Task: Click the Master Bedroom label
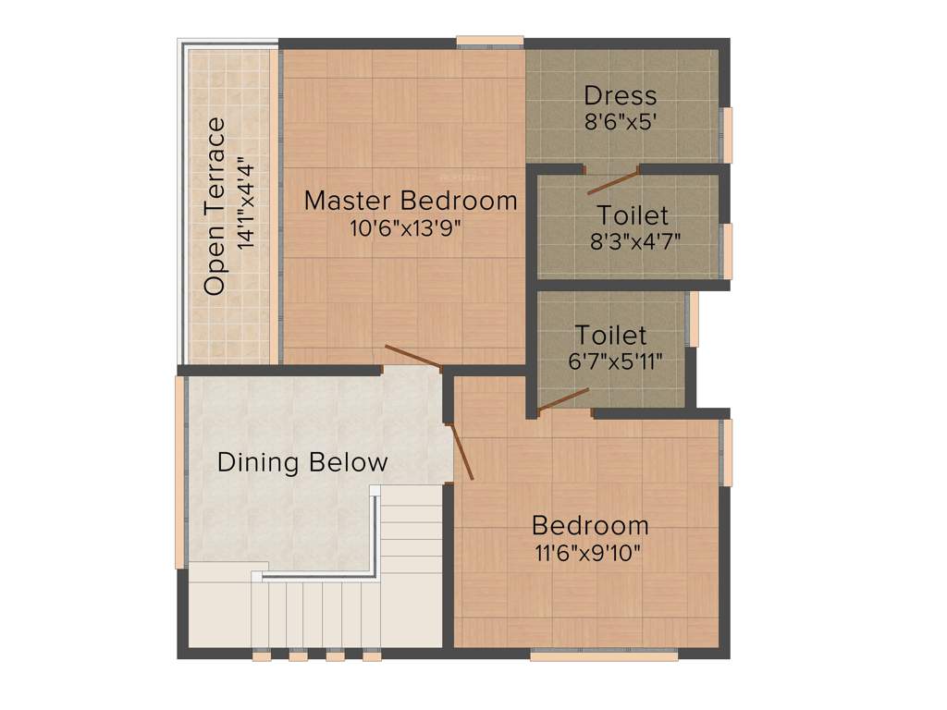coord(411,200)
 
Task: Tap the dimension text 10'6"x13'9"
coord(410,227)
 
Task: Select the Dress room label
coord(621,95)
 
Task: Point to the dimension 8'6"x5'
coord(621,121)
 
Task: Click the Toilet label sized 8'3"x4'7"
coord(633,215)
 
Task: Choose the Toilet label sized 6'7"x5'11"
coord(611,334)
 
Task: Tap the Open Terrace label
coord(215,205)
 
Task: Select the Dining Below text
coord(302,462)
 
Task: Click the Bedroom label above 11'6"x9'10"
coord(590,526)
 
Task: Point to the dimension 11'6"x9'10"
coord(589,553)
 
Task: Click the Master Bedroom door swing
coord(412,356)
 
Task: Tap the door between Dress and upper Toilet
coord(613,181)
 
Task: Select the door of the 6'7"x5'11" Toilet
coord(563,399)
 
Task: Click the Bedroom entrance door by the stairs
coord(461,452)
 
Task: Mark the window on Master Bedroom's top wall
coord(489,41)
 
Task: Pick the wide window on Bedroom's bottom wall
coord(603,655)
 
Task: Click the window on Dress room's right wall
coord(727,135)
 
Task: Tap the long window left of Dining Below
coord(180,471)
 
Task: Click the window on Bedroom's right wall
coord(727,452)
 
